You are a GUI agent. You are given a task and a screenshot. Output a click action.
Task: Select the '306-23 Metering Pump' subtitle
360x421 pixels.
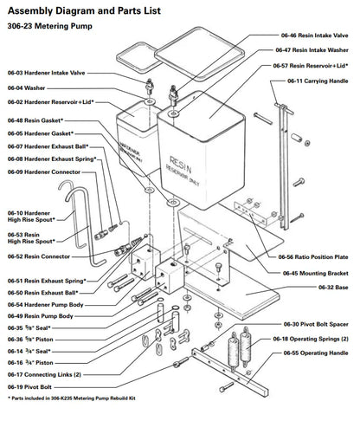51,28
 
